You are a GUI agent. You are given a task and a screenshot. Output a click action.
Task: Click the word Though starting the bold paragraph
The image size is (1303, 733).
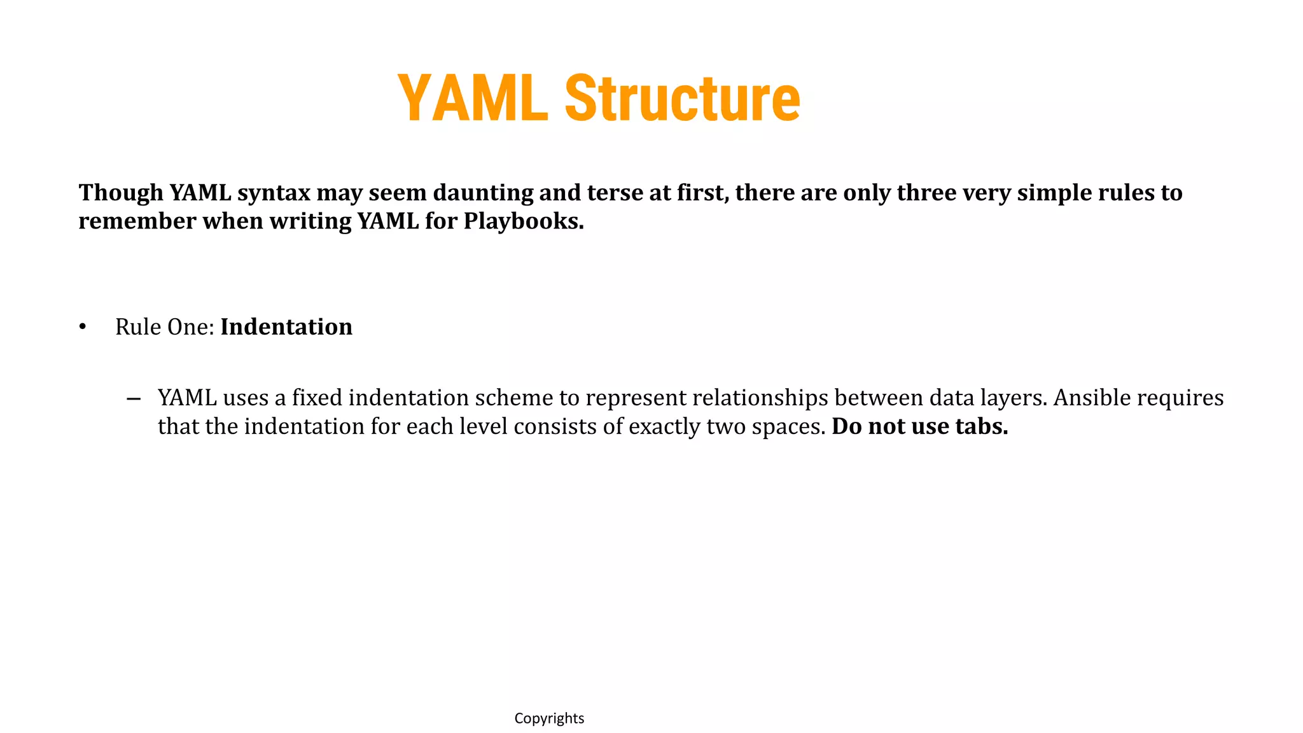[x=121, y=193]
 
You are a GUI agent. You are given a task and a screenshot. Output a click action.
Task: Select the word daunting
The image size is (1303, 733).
[x=483, y=193]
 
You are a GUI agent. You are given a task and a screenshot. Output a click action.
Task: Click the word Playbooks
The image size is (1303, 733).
[x=523, y=221]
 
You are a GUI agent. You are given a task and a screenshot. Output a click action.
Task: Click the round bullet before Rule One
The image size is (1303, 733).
[x=82, y=327]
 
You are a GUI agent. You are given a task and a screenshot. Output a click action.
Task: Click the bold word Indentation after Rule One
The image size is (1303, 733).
[x=286, y=327]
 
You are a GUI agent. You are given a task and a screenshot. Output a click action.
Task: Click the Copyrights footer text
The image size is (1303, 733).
[x=549, y=718]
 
